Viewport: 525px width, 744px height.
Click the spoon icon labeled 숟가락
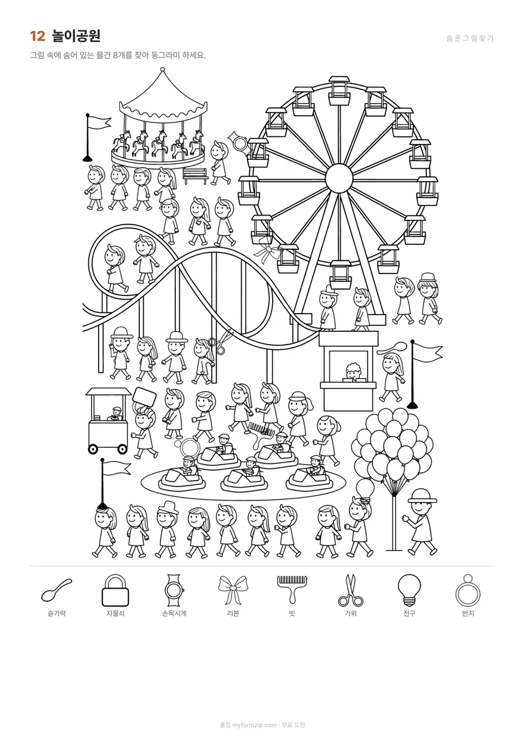coord(57,590)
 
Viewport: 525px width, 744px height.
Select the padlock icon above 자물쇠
coord(115,590)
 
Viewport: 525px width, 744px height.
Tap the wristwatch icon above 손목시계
coord(174,590)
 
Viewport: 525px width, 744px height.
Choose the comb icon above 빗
coord(292,589)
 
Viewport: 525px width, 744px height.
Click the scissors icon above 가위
coord(350,590)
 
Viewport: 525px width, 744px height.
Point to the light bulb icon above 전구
coord(409,590)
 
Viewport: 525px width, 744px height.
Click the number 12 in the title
coord(37,36)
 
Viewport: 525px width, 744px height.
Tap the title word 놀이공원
coord(76,36)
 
